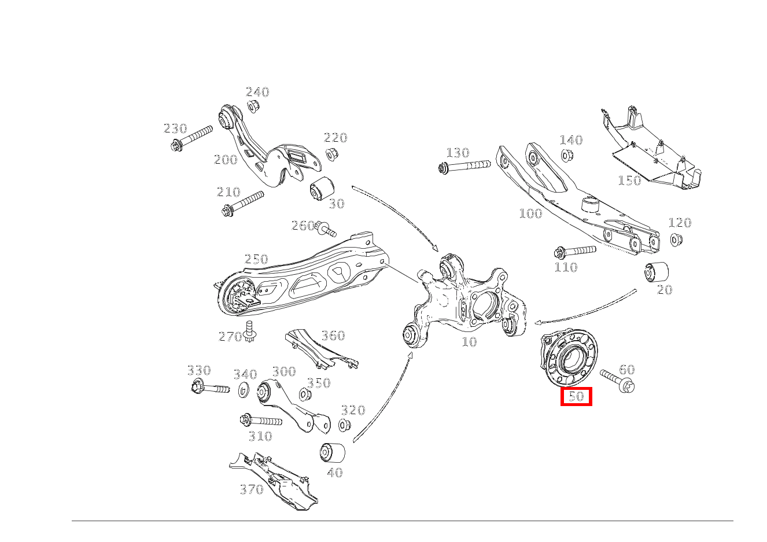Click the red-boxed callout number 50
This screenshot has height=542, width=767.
pyautogui.click(x=576, y=396)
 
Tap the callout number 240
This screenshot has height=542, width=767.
pyautogui.click(x=257, y=92)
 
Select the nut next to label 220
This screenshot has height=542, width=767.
pyautogui.click(x=331, y=154)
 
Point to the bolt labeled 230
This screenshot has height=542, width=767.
pyautogui.click(x=191, y=138)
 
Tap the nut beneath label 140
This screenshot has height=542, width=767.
pyautogui.click(x=566, y=156)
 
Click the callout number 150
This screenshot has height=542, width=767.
pyautogui.click(x=629, y=180)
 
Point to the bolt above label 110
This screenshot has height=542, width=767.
pyautogui.click(x=574, y=252)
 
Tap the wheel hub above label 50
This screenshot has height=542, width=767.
pyautogui.click(x=568, y=357)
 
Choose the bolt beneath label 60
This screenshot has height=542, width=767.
pyautogui.click(x=617, y=381)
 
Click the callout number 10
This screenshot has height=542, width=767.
pyautogui.click(x=469, y=342)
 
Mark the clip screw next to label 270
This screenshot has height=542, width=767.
pyautogui.click(x=250, y=331)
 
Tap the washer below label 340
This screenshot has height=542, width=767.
pyautogui.click(x=244, y=389)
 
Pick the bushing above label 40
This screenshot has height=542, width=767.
pyautogui.click(x=332, y=452)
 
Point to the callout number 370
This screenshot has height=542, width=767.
pyautogui.click(x=252, y=489)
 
